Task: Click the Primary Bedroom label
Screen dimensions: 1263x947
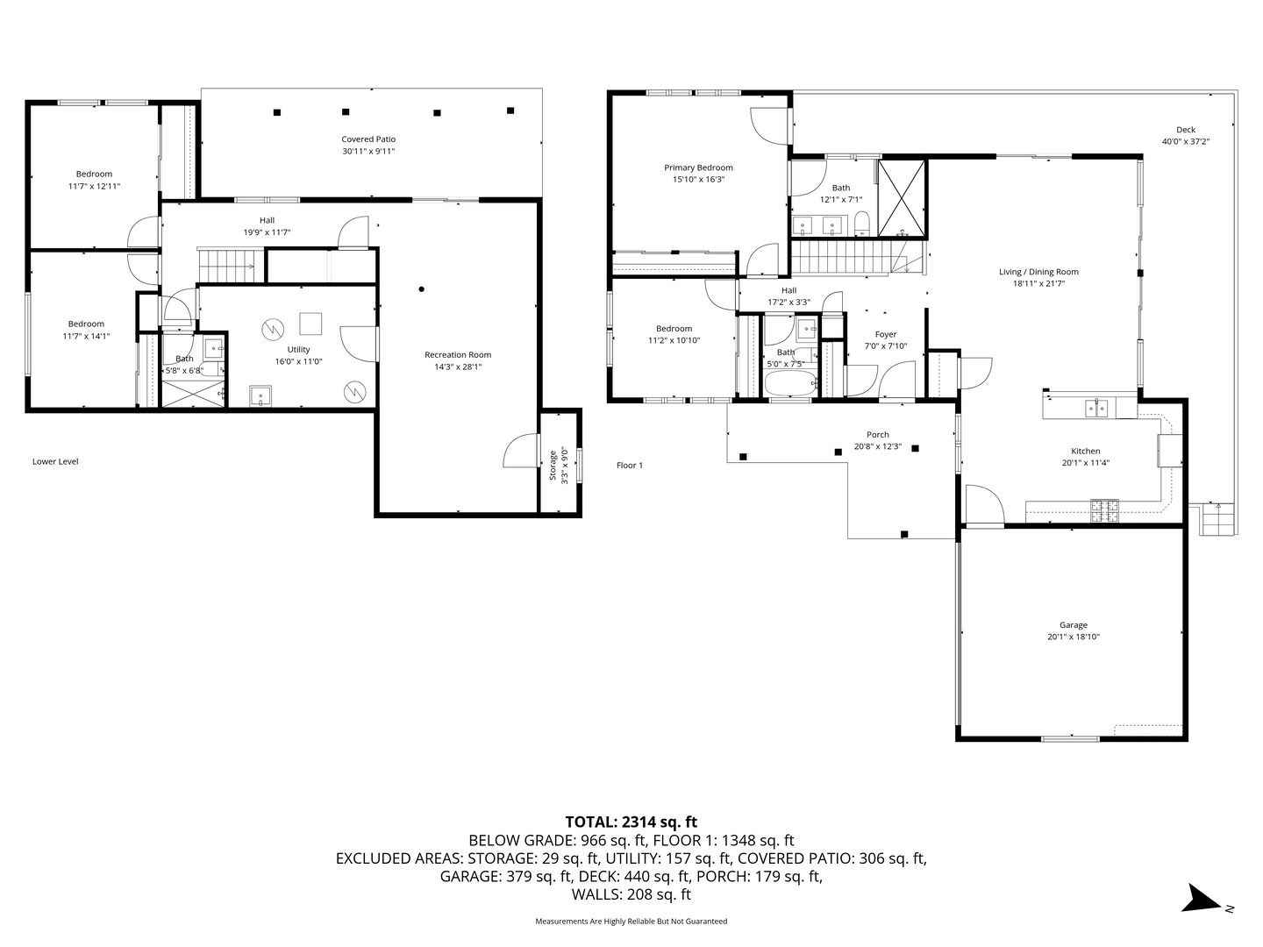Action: (698, 167)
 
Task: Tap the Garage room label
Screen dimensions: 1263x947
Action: (1074, 625)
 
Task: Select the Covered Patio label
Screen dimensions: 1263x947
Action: (368, 139)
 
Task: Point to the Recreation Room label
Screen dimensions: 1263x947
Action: (458, 355)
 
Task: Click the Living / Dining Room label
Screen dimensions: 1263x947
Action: (1038, 272)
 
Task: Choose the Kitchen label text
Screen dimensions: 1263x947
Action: (1086, 452)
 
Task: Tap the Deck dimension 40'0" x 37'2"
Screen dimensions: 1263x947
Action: (1186, 141)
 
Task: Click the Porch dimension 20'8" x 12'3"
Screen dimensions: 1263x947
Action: (877, 446)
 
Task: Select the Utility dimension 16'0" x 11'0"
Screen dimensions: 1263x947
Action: (298, 361)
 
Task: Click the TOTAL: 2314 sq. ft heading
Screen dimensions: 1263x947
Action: (631, 822)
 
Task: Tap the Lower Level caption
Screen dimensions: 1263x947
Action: (55, 461)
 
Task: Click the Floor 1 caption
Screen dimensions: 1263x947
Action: (630, 465)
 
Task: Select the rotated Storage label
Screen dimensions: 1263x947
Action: (553, 465)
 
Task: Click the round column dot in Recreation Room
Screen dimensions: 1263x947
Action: (422, 289)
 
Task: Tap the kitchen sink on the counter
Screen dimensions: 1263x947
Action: (1096, 408)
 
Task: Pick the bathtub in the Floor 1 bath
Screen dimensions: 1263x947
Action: (790, 383)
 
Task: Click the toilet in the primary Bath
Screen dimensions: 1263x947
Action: (862, 223)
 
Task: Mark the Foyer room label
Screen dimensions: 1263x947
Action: (886, 334)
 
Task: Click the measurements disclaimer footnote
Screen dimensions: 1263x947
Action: (631, 921)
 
